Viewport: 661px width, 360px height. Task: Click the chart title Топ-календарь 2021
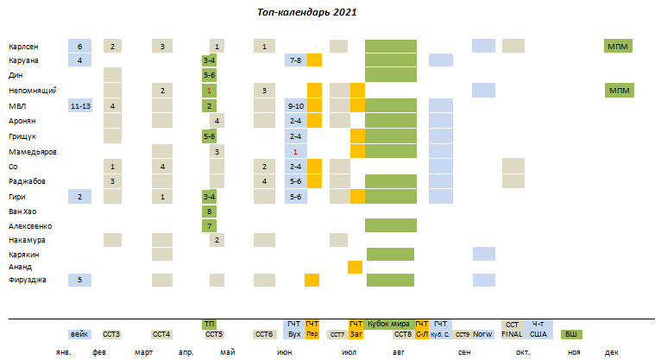[x=306, y=13]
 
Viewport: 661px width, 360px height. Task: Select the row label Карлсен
[x=22, y=46]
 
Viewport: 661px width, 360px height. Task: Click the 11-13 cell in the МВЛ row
[x=79, y=105]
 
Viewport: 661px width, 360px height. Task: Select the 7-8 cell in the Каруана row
[x=295, y=60]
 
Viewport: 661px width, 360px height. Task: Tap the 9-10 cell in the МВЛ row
[x=295, y=105]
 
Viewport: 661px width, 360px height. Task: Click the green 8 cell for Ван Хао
[x=210, y=211]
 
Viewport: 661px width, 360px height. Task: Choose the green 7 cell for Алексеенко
[x=210, y=225]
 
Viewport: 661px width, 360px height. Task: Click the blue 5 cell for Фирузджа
[x=79, y=280]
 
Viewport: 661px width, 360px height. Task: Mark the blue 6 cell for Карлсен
[x=79, y=46]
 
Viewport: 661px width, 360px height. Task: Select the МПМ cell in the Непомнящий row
[x=619, y=90]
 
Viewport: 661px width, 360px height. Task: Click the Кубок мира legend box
[x=390, y=323]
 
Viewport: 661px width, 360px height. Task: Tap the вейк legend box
[x=79, y=334]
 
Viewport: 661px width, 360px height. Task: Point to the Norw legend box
[x=483, y=334]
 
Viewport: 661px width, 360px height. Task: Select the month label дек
[x=611, y=352]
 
